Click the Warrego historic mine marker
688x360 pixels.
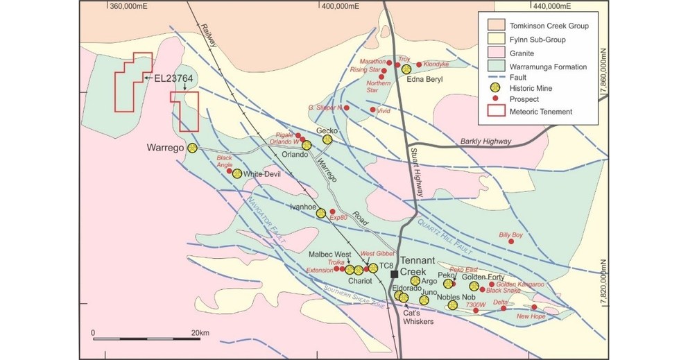tap(193, 148)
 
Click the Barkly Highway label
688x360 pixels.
tap(486, 142)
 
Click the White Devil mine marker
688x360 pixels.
tap(237, 173)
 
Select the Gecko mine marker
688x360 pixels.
tap(327, 139)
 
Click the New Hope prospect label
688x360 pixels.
tap(531, 316)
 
